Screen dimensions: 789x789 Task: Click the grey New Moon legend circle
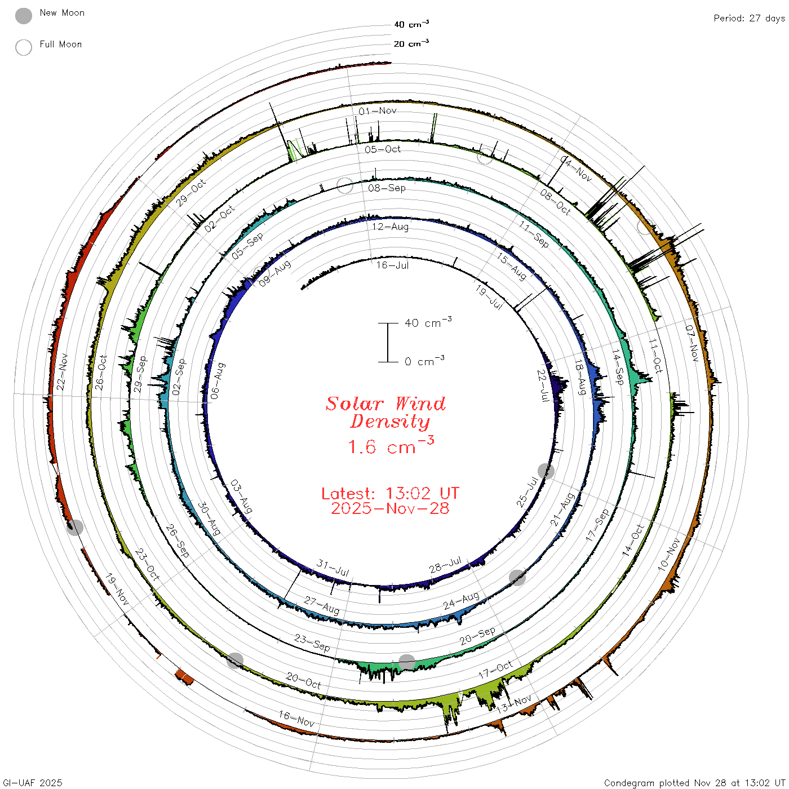pos(23,16)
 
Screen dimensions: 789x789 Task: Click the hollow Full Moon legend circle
pos(23,47)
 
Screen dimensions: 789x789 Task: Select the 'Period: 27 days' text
pos(749,19)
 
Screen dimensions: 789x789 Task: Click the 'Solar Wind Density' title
pos(385,412)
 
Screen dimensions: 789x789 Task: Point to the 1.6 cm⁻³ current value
pos(391,446)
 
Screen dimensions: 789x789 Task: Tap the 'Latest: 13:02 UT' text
pos(390,493)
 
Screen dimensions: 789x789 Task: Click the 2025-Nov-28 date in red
pos(390,508)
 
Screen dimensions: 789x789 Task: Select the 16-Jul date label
pos(392,265)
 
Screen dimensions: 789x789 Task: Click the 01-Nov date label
pos(377,110)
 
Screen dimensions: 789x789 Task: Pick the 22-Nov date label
pos(62,372)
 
